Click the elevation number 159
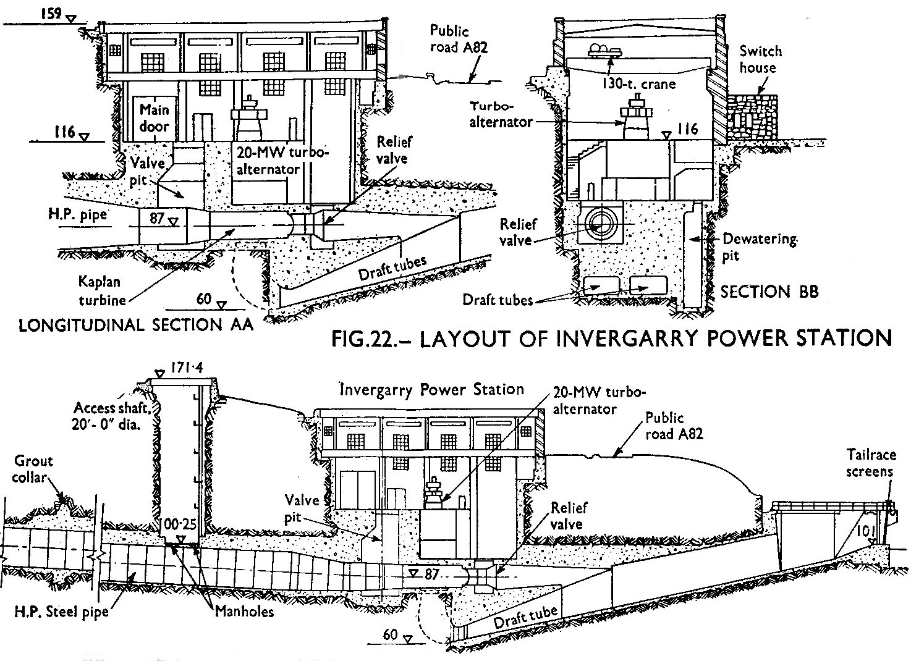pos(49,13)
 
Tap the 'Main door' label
pos(154,118)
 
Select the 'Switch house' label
pos(760,59)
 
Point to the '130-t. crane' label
pos(638,83)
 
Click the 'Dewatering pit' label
pos(759,247)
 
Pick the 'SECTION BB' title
pos(769,292)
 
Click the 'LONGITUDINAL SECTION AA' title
pos(136,325)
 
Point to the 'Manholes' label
pos(245,612)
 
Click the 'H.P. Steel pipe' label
pos(62,612)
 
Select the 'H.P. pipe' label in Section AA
pos(78,215)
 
